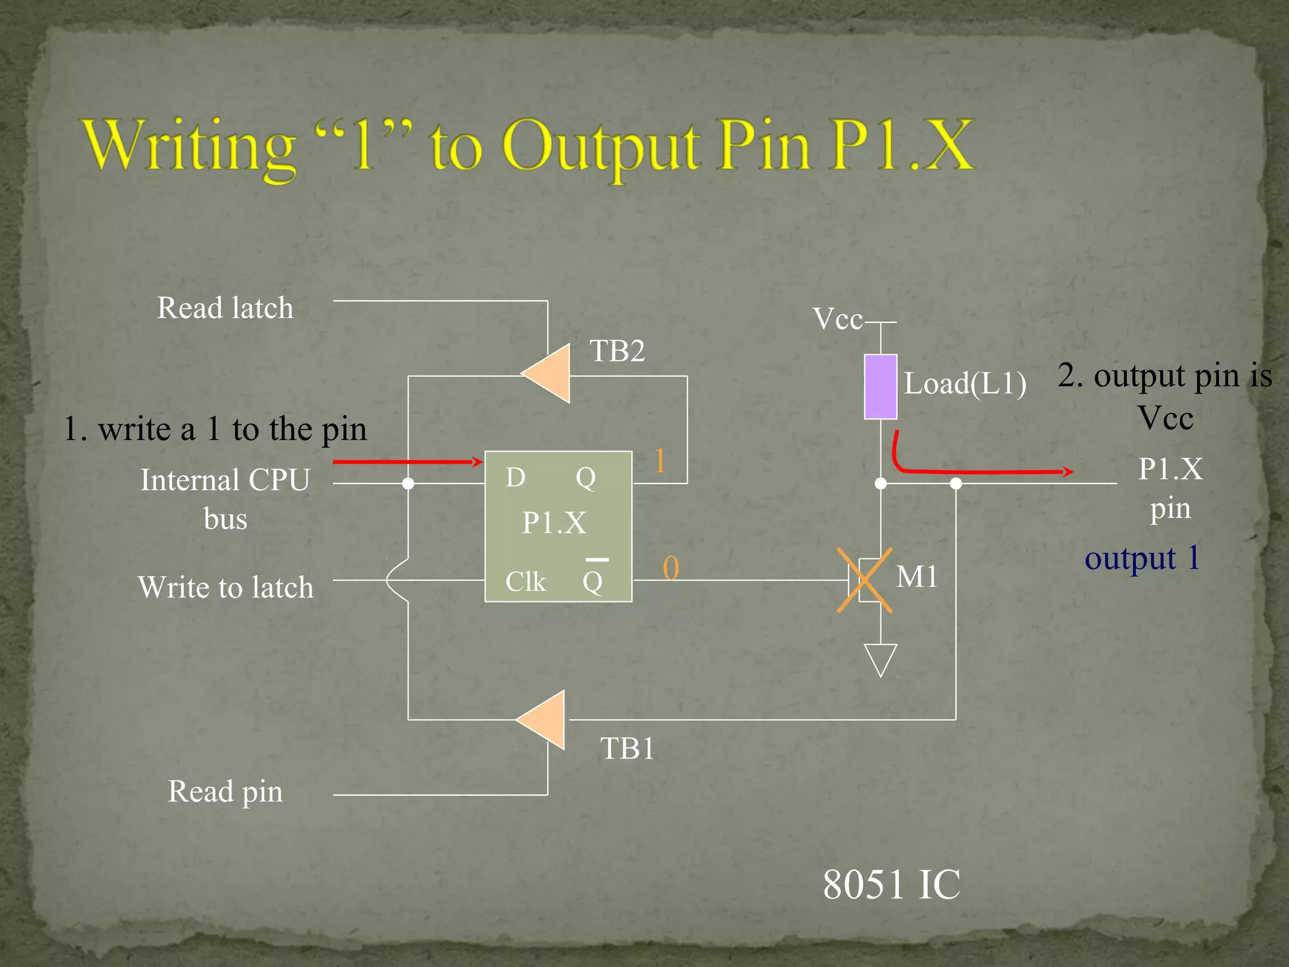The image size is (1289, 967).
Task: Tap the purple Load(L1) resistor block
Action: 880,387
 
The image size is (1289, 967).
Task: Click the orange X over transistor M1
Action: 865,580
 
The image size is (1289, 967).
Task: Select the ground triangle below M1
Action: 881,659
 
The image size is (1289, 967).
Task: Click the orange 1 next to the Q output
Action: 660,461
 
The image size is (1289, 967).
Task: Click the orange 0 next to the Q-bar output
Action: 671,568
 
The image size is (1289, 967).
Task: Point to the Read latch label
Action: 225,308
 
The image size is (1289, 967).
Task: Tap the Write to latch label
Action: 225,587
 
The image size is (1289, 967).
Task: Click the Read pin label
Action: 225,791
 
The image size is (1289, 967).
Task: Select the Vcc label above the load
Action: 837,319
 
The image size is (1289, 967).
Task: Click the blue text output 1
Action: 1142,558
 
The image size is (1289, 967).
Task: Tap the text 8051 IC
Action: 891,884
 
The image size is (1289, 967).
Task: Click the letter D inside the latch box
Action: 515,477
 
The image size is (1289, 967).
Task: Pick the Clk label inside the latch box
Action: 525,581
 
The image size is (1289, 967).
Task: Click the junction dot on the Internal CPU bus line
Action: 408,483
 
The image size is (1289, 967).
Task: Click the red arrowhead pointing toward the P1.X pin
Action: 1067,471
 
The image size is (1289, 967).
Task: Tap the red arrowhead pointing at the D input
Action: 478,461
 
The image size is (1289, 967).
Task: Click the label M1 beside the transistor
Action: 916,576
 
